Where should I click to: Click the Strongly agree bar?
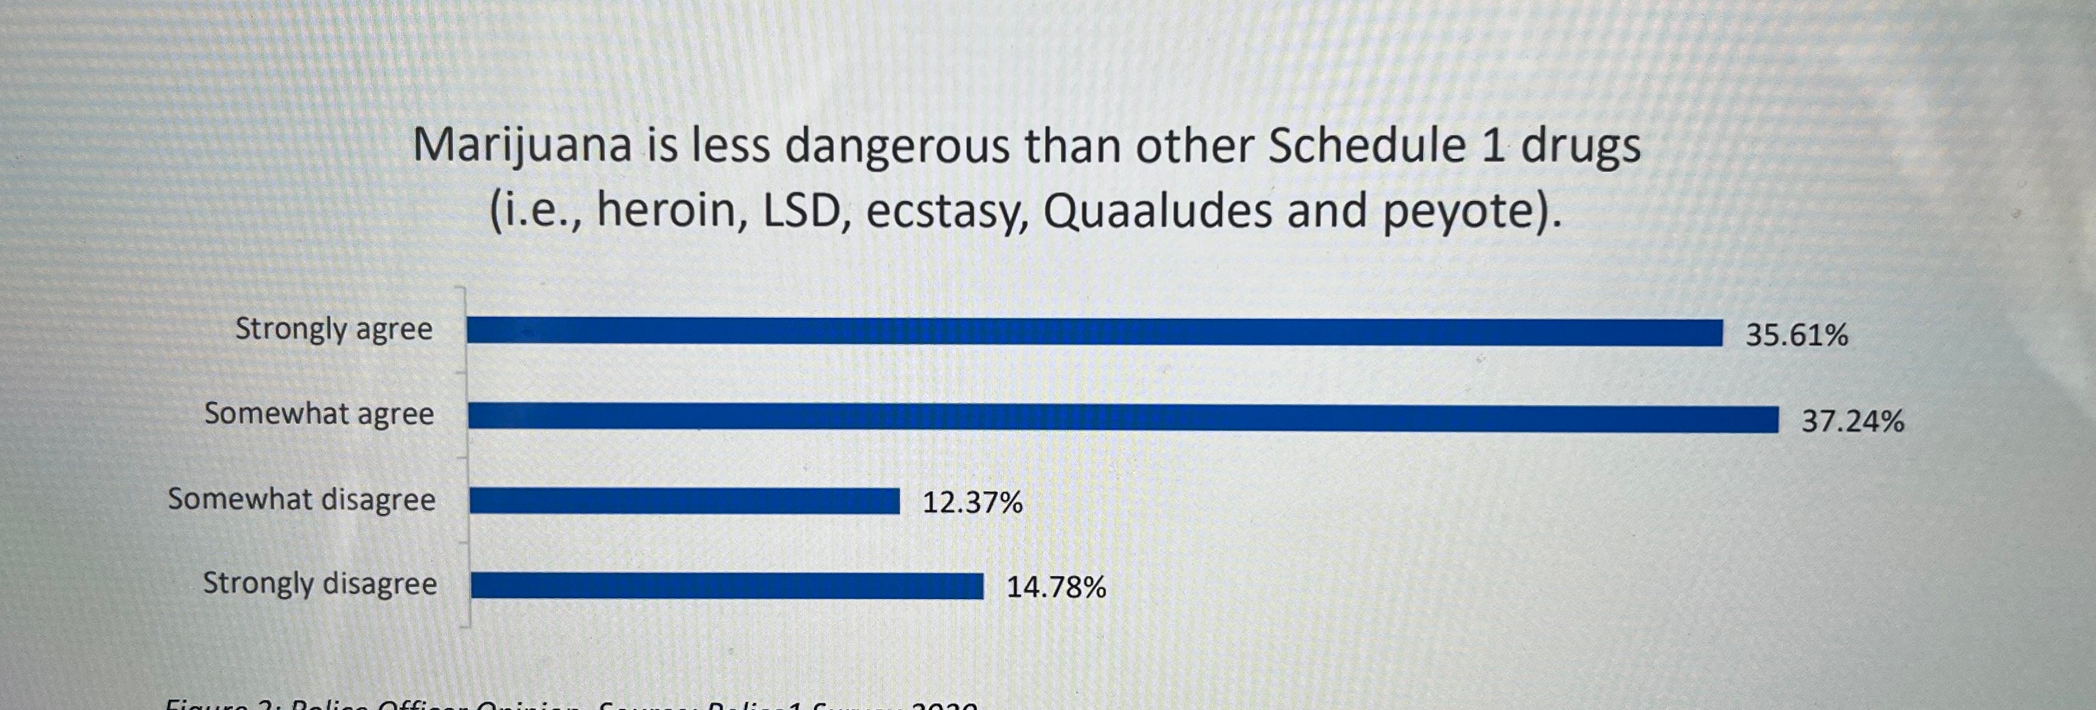1094,332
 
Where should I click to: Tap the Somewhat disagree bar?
684,501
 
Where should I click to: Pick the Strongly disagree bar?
727,586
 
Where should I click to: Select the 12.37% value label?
972,503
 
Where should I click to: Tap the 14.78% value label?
1056,587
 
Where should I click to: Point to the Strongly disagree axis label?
319,584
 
